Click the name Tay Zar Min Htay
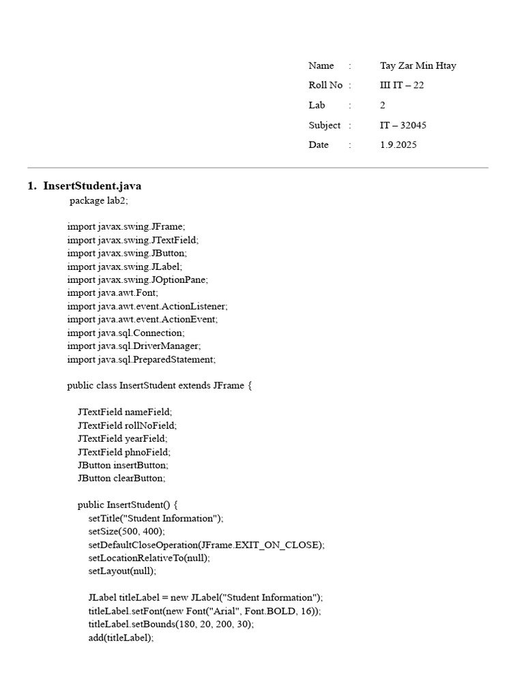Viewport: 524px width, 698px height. [x=418, y=66]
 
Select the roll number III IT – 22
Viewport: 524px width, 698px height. [x=402, y=86]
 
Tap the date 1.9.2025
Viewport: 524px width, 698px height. [x=398, y=145]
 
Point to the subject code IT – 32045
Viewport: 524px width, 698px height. [x=403, y=125]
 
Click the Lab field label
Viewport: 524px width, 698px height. [x=317, y=106]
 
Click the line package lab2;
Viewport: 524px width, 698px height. [x=98, y=201]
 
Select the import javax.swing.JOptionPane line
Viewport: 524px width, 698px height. [x=137, y=279]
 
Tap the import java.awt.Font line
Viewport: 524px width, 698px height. [x=113, y=293]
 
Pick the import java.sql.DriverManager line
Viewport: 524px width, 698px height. [x=134, y=346]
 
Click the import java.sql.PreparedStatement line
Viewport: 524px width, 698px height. [x=141, y=359]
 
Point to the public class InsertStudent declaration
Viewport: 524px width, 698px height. [x=160, y=386]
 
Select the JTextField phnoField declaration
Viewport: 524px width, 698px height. [x=124, y=452]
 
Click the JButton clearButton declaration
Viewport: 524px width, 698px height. [x=121, y=479]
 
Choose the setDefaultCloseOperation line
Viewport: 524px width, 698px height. [x=206, y=545]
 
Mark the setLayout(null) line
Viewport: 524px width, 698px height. [x=122, y=571]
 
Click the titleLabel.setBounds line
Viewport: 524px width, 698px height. [x=171, y=624]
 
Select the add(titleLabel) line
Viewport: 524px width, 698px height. [x=121, y=638]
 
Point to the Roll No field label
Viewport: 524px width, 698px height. [x=325, y=86]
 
